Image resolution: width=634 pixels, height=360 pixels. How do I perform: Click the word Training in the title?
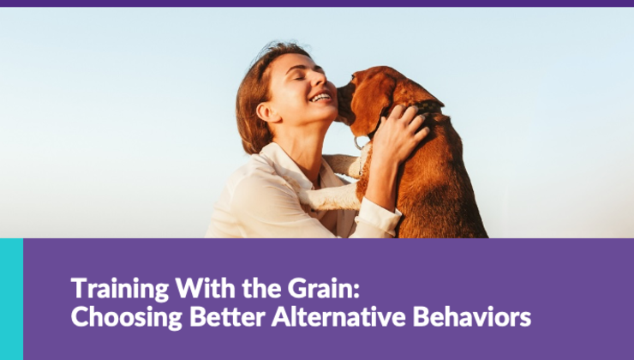pos(108,288)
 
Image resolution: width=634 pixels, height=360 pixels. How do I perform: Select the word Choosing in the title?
pos(110,317)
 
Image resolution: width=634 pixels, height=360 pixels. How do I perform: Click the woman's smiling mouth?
pos(321,97)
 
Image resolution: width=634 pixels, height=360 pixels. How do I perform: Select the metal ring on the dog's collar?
pos(360,142)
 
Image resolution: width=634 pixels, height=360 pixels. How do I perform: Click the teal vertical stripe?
pos(11,298)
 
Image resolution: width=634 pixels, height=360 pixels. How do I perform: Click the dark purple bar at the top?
pos(317,3)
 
